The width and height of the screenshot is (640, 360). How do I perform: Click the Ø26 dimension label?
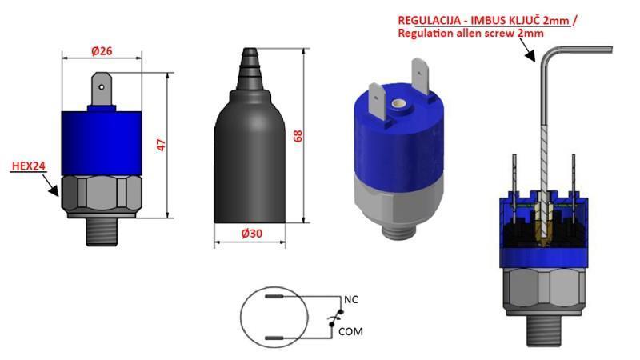pos(102,51)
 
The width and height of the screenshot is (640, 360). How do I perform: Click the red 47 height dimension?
pos(160,145)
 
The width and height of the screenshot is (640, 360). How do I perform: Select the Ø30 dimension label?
pos(254,233)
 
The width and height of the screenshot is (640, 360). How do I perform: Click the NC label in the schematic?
pos(349,298)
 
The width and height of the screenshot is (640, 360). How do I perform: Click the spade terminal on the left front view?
pos(102,89)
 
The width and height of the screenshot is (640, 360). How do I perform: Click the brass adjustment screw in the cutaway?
pos(544,231)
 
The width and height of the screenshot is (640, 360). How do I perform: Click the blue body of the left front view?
pos(102,141)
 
